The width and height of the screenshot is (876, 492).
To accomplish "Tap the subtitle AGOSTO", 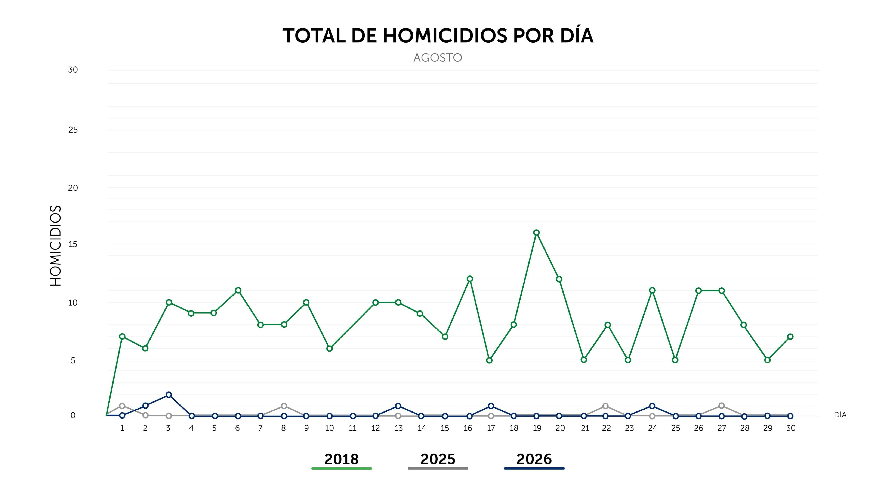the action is click(x=438, y=58).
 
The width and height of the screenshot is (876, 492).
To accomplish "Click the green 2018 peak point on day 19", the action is click(x=536, y=233).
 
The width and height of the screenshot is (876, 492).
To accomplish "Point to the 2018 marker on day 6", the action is click(x=238, y=290).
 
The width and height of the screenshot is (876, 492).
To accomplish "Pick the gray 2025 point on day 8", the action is click(x=284, y=406).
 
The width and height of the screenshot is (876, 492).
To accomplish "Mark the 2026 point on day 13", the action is click(x=398, y=406).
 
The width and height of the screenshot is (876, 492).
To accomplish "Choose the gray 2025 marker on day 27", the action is click(x=721, y=406).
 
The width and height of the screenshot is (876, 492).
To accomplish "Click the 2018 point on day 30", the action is click(x=790, y=337).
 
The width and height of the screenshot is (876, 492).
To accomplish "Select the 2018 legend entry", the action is click(x=341, y=461).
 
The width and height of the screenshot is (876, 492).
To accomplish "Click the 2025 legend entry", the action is click(x=438, y=461).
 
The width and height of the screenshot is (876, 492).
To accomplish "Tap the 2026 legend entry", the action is click(x=534, y=461).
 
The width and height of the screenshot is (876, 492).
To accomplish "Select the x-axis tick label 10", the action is click(x=329, y=428).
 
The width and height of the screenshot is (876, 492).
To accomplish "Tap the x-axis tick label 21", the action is click(x=584, y=428).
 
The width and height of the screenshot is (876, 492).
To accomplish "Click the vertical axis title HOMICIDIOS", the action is click(x=55, y=246).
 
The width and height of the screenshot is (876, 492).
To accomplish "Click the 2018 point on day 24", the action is click(x=652, y=290).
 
